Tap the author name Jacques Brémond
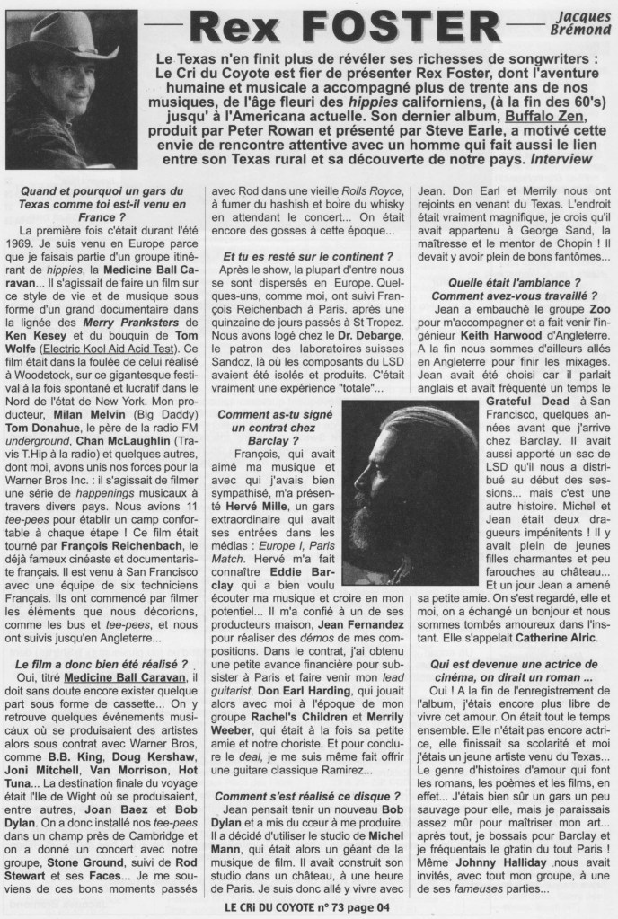[x=579, y=24]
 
